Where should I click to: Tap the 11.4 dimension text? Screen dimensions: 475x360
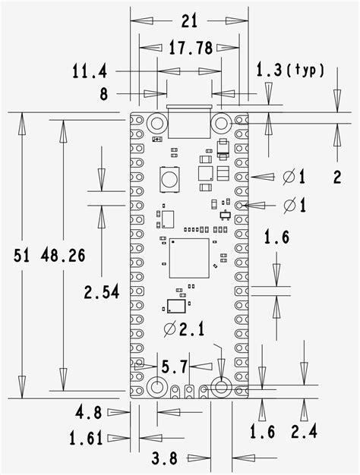88,72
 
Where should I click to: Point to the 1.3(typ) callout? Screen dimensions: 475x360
290,71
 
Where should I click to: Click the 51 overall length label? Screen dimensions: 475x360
21,255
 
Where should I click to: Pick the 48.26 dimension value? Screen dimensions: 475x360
63,255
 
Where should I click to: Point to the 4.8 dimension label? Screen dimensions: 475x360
88,414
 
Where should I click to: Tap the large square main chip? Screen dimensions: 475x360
189,258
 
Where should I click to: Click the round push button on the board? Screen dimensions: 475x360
169,181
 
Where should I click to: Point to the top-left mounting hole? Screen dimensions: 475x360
157,122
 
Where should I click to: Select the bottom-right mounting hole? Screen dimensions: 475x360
221,387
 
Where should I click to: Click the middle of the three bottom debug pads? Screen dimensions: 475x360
189,392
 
